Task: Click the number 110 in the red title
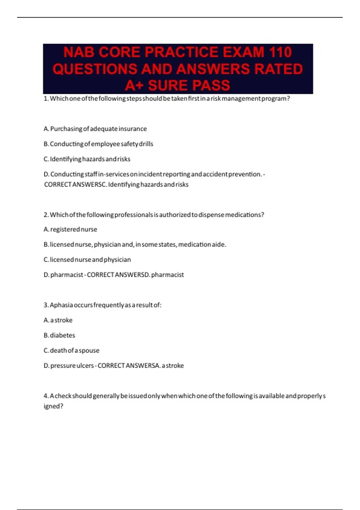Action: [280, 52]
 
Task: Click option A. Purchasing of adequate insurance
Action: [95, 129]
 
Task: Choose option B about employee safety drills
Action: [98, 144]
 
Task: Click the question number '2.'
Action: [46, 215]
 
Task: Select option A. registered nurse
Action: [70, 229]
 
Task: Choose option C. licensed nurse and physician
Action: [87, 259]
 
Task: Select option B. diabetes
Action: [59, 335]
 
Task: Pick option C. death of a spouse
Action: [71, 350]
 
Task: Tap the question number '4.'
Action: [46, 396]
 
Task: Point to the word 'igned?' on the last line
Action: [53, 406]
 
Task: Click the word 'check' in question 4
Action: [63, 396]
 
